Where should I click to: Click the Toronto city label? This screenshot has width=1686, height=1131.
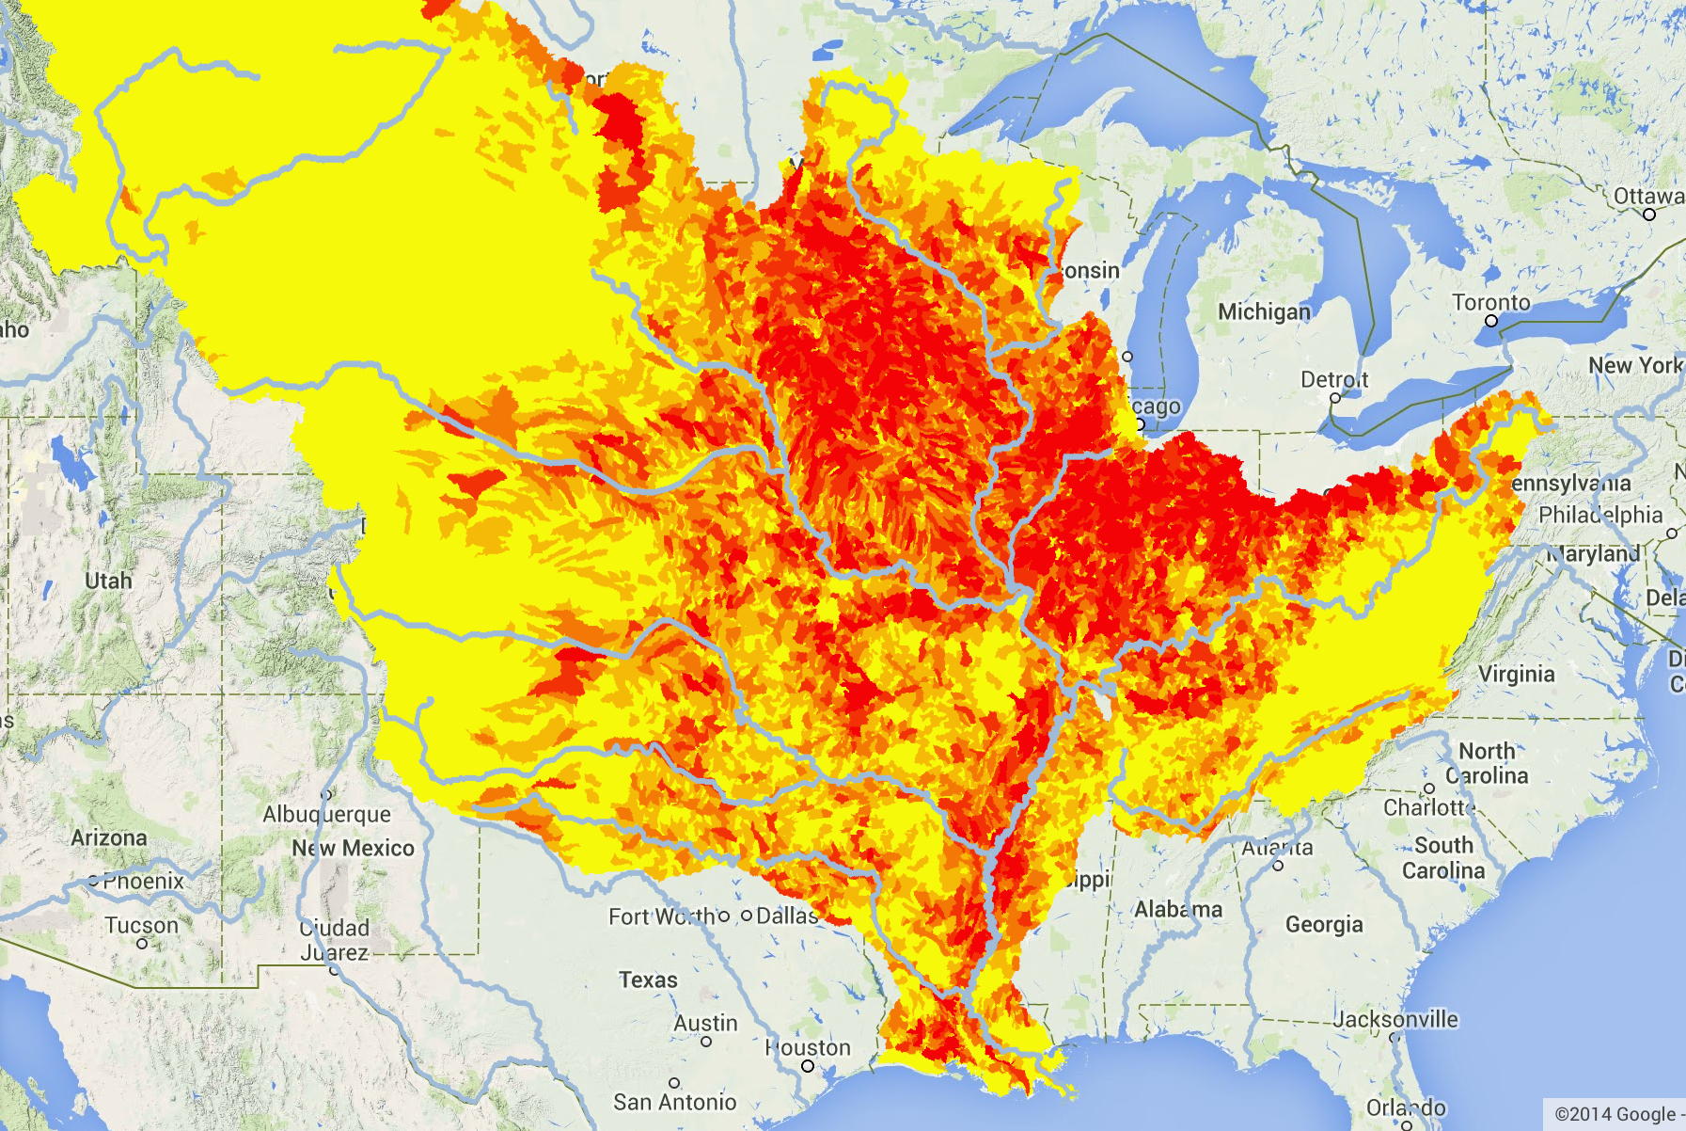click(x=1491, y=303)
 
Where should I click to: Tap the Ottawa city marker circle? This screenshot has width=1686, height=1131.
click(x=1648, y=215)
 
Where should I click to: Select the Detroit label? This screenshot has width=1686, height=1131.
click(x=1334, y=380)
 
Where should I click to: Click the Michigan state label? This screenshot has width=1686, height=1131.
click(x=1264, y=311)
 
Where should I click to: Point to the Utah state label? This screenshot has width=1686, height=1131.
click(x=108, y=581)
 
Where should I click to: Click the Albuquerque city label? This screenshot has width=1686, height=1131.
click(x=326, y=814)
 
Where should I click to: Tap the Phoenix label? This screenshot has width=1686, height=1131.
click(x=143, y=882)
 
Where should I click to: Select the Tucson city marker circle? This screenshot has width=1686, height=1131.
click(x=142, y=943)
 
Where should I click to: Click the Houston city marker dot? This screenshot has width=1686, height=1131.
click(x=807, y=1066)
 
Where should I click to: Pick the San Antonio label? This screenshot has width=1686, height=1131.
click(x=674, y=1102)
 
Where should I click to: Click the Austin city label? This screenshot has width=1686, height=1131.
click(x=705, y=1024)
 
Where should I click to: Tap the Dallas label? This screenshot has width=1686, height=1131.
click(x=787, y=916)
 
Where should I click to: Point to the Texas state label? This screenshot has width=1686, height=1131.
click(x=648, y=980)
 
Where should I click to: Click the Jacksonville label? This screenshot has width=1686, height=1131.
click(x=1395, y=1019)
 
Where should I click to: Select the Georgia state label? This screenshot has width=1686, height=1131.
click(x=1324, y=925)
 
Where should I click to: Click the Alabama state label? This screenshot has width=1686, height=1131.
click(x=1178, y=910)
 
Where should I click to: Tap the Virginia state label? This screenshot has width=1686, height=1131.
click(x=1516, y=674)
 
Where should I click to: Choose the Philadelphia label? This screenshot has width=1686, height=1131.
click(x=1600, y=515)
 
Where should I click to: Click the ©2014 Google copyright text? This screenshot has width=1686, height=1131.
click(x=1615, y=1115)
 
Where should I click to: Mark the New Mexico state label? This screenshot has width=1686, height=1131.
click(x=353, y=848)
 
